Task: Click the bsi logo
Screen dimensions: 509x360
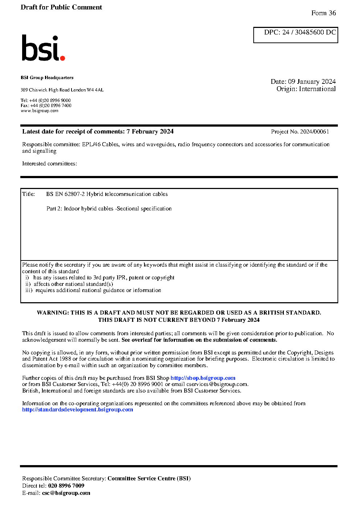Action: point(43,48)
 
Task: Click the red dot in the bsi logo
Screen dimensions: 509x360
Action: point(62,58)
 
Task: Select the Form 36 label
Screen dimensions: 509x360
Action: point(323,13)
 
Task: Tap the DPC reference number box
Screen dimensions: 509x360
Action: point(295,35)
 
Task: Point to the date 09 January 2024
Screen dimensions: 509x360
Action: point(312,82)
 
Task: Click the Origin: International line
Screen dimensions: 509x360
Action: point(306,89)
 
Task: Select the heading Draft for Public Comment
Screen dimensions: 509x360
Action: point(61,7)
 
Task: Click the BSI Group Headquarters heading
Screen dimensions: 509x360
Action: point(47,78)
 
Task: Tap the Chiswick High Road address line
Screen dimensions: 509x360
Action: point(62,90)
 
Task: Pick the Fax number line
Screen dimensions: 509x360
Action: point(46,106)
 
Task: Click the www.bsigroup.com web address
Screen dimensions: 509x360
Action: point(40,111)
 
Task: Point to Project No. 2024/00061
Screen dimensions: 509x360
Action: point(300,132)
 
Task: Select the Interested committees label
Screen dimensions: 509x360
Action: point(49,164)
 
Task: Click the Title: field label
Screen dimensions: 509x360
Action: point(29,194)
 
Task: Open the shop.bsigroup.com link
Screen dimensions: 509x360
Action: point(203,378)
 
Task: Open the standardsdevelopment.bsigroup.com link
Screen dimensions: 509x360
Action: point(77,410)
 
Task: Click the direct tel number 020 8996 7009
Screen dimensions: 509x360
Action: point(66,486)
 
